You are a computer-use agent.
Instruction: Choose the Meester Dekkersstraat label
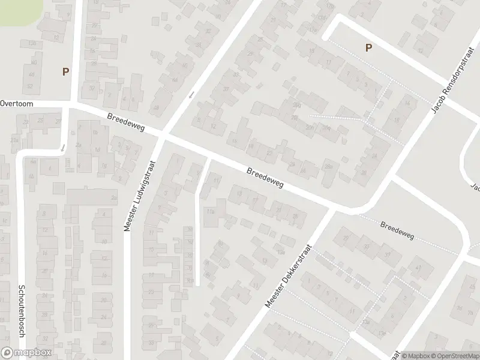(x=290, y=275)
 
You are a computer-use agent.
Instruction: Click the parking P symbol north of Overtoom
(x=65, y=71)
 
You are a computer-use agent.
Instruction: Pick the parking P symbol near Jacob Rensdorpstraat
(x=368, y=48)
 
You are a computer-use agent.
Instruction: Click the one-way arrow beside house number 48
(x=191, y=94)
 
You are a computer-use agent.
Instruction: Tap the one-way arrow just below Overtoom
(x=63, y=147)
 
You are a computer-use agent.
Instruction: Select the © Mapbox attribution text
(x=415, y=355)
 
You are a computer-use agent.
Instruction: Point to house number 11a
(x=210, y=211)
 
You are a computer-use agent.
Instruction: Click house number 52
(x=30, y=86)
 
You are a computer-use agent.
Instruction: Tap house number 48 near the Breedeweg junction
(x=157, y=108)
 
